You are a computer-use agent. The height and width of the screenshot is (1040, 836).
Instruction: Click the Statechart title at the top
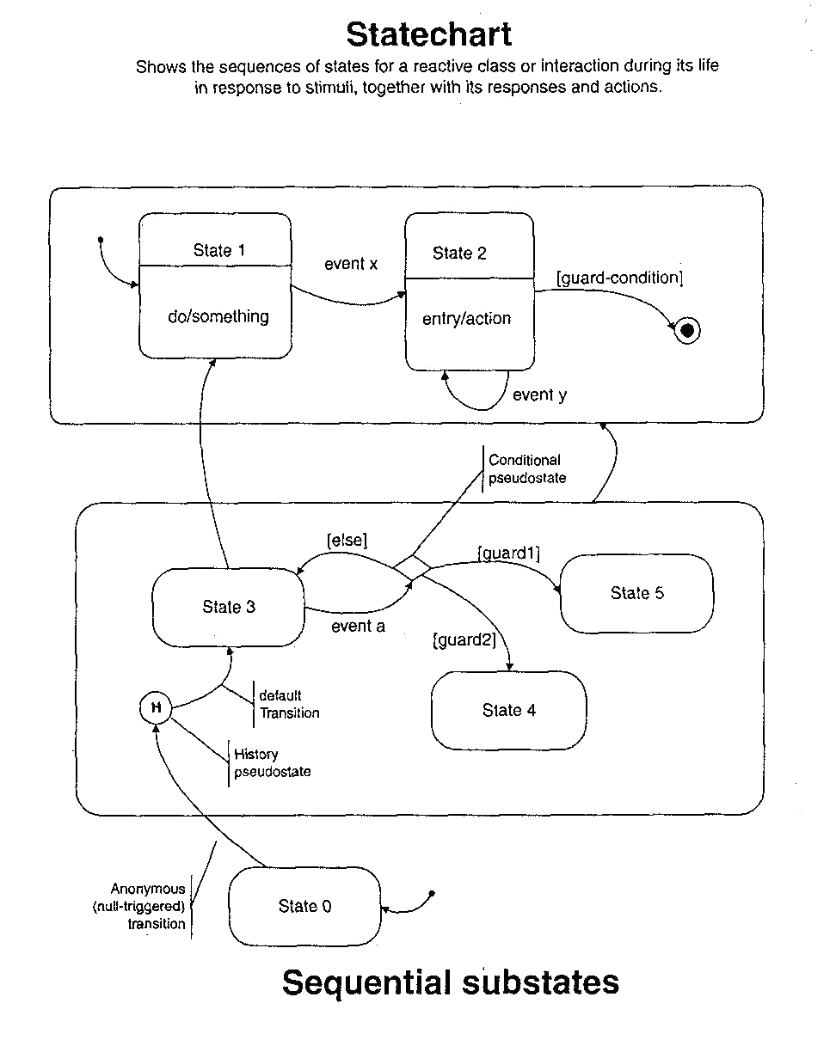428,35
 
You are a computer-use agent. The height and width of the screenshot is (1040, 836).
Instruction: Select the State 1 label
218,250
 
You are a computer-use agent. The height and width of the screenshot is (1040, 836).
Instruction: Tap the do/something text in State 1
218,316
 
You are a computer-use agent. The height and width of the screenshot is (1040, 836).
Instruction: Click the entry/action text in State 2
466,319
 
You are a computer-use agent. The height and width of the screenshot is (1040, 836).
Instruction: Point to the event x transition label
351,264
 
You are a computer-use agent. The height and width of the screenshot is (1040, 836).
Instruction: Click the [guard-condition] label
619,278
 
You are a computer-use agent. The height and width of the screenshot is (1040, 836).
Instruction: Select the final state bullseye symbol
687,330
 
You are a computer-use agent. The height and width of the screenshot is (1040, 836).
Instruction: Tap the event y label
539,395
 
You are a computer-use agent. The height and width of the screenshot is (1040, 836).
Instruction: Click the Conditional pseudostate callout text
526,469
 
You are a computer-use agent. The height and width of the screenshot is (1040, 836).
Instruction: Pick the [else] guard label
347,541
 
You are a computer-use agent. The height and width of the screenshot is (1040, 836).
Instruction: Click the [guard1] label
508,554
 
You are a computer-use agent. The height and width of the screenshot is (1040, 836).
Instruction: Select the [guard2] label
464,639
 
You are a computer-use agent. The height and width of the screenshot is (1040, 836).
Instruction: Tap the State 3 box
229,608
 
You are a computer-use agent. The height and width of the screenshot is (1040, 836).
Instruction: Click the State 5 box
636,594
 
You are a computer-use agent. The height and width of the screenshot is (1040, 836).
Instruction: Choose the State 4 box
508,711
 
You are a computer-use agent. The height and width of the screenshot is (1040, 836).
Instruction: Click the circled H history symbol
156,708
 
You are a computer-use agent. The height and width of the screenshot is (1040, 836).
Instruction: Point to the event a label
358,627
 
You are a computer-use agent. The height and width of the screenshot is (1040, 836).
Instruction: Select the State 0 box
304,907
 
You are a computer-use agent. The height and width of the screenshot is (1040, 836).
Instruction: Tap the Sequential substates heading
450,982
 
